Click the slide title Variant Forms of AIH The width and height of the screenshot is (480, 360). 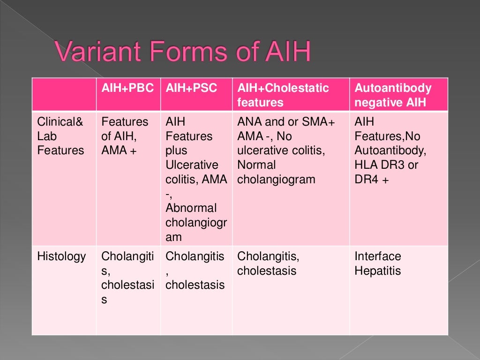tap(183, 52)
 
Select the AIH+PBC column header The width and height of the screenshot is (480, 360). tap(127, 88)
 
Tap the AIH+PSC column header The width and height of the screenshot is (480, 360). tap(191, 88)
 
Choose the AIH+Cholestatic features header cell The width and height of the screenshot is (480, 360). tap(283, 95)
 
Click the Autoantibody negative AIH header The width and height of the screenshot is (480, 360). tap(393, 95)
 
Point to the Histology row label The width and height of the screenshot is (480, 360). tap(61, 256)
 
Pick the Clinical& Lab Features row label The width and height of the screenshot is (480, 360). tap(60, 136)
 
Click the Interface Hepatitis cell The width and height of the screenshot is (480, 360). tap(378, 263)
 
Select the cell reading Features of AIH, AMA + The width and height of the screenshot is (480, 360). tap(125, 136)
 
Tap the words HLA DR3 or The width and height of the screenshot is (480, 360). tap(386, 165)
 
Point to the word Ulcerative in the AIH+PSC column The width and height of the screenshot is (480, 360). tap(192, 165)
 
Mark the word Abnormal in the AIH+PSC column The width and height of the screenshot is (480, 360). tap(191, 208)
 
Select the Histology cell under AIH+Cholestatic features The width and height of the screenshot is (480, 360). tap(268, 263)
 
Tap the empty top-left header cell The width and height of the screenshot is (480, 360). tap(64, 94)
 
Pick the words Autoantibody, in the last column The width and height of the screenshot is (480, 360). tap(390, 150)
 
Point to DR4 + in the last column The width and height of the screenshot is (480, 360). tap(372, 180)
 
